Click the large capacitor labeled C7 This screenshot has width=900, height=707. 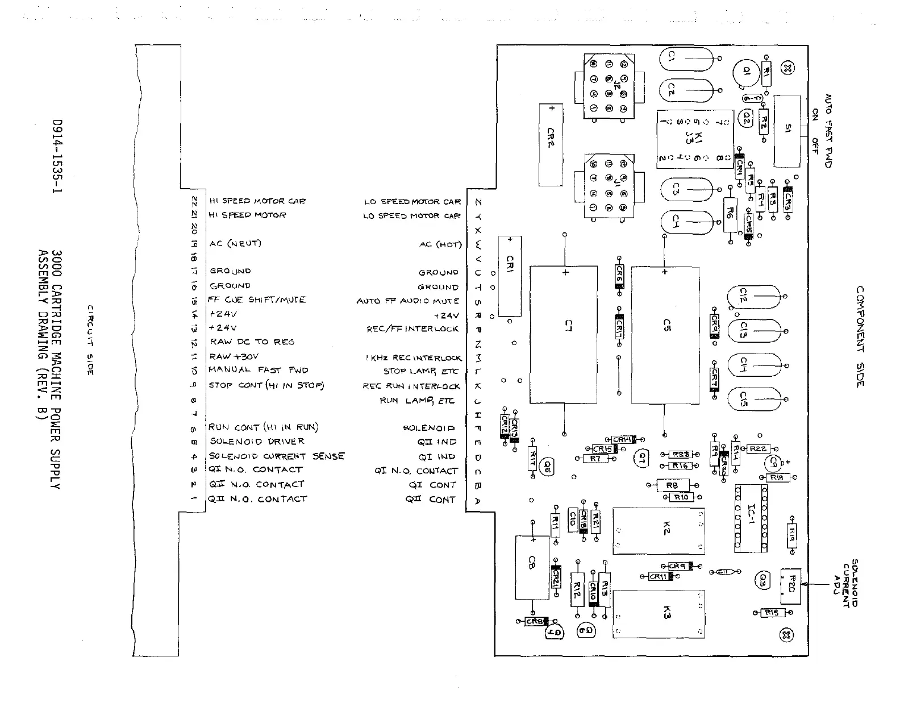[x=564, y=335]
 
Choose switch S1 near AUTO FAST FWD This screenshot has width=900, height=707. [x=787, y=130]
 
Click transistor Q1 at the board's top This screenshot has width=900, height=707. [x=745, y=73]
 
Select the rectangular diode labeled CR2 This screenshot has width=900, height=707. [x=550, y=144]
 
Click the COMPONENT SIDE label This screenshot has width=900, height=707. [x=860, y=336]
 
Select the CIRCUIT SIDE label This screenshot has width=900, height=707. [x=90, y=340]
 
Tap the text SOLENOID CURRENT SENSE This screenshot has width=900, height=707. [x=277, y=456]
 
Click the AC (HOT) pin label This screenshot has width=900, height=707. [x=440, y=244]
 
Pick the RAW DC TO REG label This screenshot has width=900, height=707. [x=252, y=342]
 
